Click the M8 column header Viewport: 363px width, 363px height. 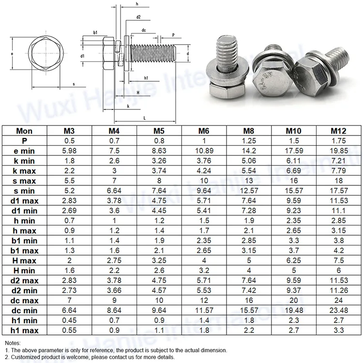coord(248,131)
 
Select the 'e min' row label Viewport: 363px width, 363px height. coord(24,151)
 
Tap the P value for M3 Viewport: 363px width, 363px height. coord(70,140)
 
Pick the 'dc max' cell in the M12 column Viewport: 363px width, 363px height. coord(338,300)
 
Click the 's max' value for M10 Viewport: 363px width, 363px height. coord(293,181)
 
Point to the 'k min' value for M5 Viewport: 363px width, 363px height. coord(159,161)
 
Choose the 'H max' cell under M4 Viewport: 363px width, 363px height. coord(114,260)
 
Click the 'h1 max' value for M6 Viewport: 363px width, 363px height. coord(203,330)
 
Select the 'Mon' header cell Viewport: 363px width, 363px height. coord(24,131)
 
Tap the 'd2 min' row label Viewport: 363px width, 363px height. coord(24,290)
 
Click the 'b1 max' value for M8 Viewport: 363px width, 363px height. coord(248,250)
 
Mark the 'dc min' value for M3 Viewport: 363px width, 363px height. coord(70,310)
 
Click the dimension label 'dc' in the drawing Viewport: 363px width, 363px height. coord(144,30)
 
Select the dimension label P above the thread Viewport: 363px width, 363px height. coord(174,35)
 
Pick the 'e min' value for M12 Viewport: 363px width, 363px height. coord(338,151)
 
